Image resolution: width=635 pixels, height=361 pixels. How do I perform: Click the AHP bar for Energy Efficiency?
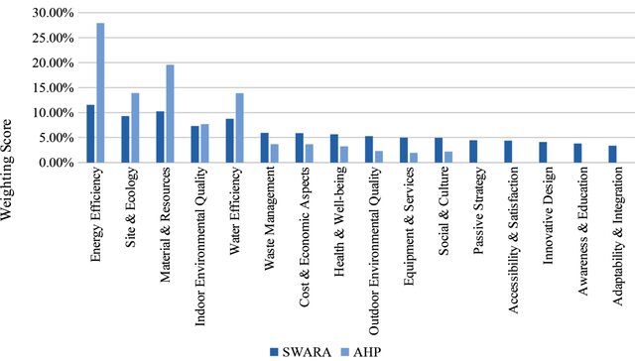pyautogui.click(x=100, y=92)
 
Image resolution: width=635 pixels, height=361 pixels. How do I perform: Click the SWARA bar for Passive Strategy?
pyautogui.click(x=473, y=151)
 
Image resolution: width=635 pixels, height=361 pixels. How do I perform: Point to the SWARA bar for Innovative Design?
pyautogui.click(x=543, y=152)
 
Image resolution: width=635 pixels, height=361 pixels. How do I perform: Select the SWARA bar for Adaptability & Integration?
pyautogui.click(x=612, y=154)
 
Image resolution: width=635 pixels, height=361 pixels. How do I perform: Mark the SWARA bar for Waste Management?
pyautogui.click(x=264, y=147)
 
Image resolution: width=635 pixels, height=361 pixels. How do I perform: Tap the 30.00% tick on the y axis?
pyautogui.click(x=52, y=13)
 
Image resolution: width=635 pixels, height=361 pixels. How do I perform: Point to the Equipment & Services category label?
pyautogui.click(x=410, y=216)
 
